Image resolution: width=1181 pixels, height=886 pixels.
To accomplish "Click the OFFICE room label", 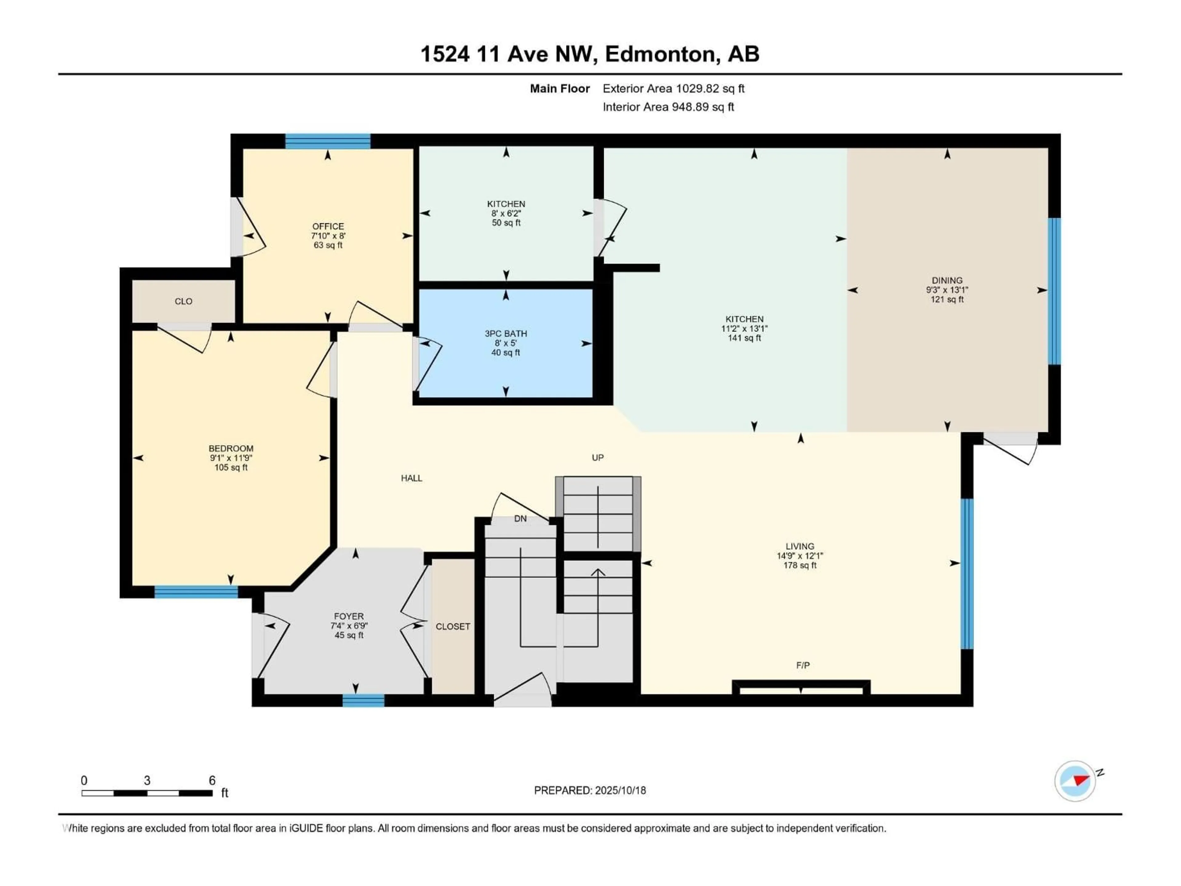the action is click(x=328, y=226).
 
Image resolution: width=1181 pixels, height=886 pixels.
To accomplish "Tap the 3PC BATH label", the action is click(x=506, y=334).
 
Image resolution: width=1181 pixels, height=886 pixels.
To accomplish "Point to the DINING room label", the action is click(x=947, y=280).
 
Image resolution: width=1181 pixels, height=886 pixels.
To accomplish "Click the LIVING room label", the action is click(x=800, y=546).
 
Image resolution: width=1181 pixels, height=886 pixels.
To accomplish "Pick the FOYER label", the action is click(x=349, y=616).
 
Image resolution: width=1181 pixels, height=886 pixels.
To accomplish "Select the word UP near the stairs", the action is click(x=598, y=458).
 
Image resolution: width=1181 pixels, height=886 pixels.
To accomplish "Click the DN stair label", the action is click(x=520, y=519).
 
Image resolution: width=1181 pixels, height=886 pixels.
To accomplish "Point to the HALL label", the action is click(x=412, y=478).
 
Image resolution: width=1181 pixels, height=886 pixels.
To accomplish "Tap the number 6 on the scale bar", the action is click(x=212, y=780).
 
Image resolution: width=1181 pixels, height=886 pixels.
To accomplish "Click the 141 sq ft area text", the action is click(x=744, y=338).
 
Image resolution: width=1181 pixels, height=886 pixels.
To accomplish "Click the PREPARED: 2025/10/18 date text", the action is click(x=590, y=790).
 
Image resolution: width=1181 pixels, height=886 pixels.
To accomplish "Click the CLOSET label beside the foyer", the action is click(x=453, y=626).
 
